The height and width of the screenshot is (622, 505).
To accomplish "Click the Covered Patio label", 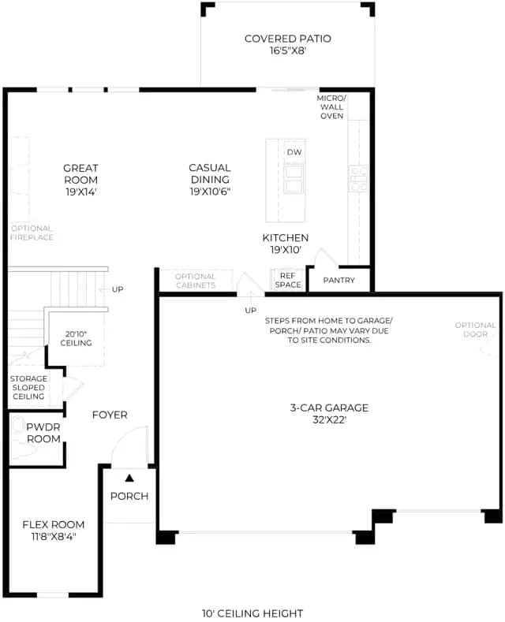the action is [x=287, y=44].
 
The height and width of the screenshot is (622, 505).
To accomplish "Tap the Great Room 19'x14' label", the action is [x=80, y=180].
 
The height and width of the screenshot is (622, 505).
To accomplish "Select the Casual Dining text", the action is [x=210, y=173].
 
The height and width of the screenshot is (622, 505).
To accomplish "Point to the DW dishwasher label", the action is [x=294, y=152].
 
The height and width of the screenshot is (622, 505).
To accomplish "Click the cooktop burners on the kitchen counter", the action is [x=358, y=179].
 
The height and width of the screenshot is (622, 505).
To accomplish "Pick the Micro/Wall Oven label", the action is [x=331, y=106].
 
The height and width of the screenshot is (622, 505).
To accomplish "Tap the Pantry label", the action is [x=339, y=280].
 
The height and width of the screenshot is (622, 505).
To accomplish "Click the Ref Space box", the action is [x=288, y=280].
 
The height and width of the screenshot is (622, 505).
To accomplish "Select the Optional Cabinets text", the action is [x=196, y=281].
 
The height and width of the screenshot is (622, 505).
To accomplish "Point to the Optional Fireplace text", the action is [x=32, y=233].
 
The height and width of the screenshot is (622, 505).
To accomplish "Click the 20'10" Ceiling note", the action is [x=76, y=338].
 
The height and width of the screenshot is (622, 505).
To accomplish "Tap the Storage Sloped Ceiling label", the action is [x=28, y=388].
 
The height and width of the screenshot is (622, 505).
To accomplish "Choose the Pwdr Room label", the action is [x=43, y=433].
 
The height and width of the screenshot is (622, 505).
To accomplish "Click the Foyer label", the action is [x=110, y=415].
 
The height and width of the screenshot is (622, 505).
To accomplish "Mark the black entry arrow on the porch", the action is [x=129, y=478].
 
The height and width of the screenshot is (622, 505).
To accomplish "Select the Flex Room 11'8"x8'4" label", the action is [x=54, y=531].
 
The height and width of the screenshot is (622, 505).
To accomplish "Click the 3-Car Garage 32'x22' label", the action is [x=329, y=413].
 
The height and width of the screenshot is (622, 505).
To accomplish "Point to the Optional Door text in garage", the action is [x=475, y=330].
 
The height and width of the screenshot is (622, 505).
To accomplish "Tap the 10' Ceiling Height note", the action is [x=252, y=613].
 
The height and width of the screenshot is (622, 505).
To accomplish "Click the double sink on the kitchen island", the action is [x=294, y=179].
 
